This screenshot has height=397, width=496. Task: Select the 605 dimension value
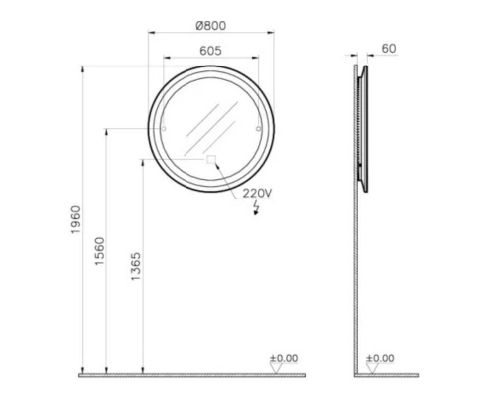click(209, 50)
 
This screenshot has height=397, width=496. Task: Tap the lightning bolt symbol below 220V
click(257, 209)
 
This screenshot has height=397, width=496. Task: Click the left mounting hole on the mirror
click(163, 129)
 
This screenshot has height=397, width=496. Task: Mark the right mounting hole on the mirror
click(258, 129)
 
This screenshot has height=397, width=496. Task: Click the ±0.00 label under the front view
click(283, 357)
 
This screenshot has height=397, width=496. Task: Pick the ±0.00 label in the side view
click(380, 357)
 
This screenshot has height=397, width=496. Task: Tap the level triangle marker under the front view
click(275, 368)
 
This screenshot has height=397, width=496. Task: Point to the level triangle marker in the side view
click(372, 368)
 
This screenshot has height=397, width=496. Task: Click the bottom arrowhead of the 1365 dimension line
click(144, 370)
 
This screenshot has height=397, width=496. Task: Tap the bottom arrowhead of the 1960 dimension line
click(83, 370)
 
